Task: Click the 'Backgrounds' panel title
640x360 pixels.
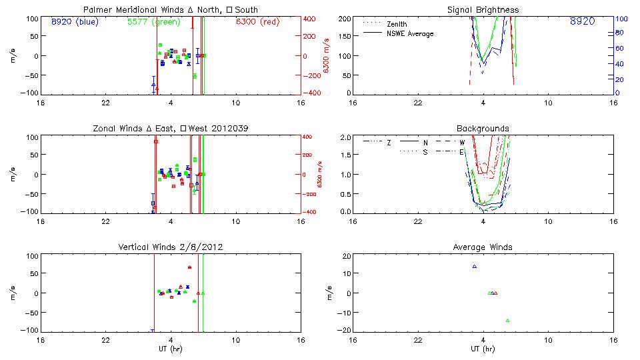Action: (x=483, y=129)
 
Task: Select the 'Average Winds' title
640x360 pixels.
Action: (x=483, y=247)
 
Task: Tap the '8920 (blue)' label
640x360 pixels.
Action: (x=74, y=22)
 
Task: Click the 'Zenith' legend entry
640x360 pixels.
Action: (x=397, y=24)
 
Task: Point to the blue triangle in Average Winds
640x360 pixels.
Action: (x=475, y=267)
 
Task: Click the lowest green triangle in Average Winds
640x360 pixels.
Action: (x=507, y=321)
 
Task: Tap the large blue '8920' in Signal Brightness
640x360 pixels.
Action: (x=582, y=22)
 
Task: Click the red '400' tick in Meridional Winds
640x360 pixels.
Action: (x=311, y=19)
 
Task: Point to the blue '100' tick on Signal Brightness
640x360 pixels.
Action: (x=619, y=19)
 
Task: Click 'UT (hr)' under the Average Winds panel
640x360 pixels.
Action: (x=483, y=349)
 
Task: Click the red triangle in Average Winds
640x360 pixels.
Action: (x=495, y=293)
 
